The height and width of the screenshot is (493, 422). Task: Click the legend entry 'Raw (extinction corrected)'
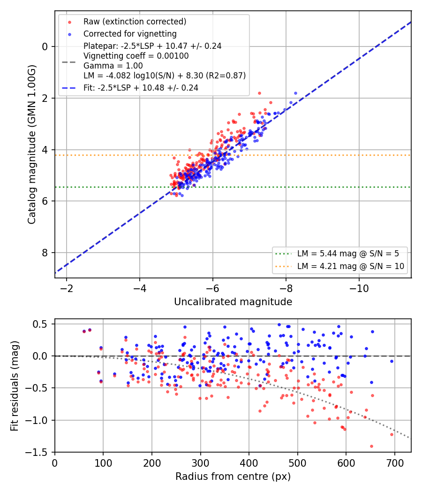click(135, 22)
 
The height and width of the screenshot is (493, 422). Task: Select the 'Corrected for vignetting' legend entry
click(130, 34)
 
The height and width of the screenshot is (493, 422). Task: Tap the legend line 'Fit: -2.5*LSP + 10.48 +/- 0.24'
click(141, 88)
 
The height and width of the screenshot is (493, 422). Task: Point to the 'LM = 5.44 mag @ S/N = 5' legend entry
click(348, 254)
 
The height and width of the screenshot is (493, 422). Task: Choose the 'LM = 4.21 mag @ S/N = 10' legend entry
click(350, 266)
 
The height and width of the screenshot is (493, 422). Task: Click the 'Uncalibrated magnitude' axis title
click(233, 302)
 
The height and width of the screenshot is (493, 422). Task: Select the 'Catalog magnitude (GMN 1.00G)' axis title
click(32, 145)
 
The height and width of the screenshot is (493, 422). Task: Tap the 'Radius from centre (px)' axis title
click(233, 477)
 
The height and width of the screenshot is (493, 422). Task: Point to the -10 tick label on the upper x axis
click(359, 288)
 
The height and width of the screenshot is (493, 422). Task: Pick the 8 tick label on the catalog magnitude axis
click(45, 253)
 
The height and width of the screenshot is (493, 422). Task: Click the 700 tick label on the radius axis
click(394, 463)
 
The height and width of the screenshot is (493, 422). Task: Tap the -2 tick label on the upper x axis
click(66, 288)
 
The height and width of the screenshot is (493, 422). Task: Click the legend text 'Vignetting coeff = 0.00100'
click(136, 56)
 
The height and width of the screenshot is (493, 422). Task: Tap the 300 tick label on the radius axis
click(200, 463)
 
